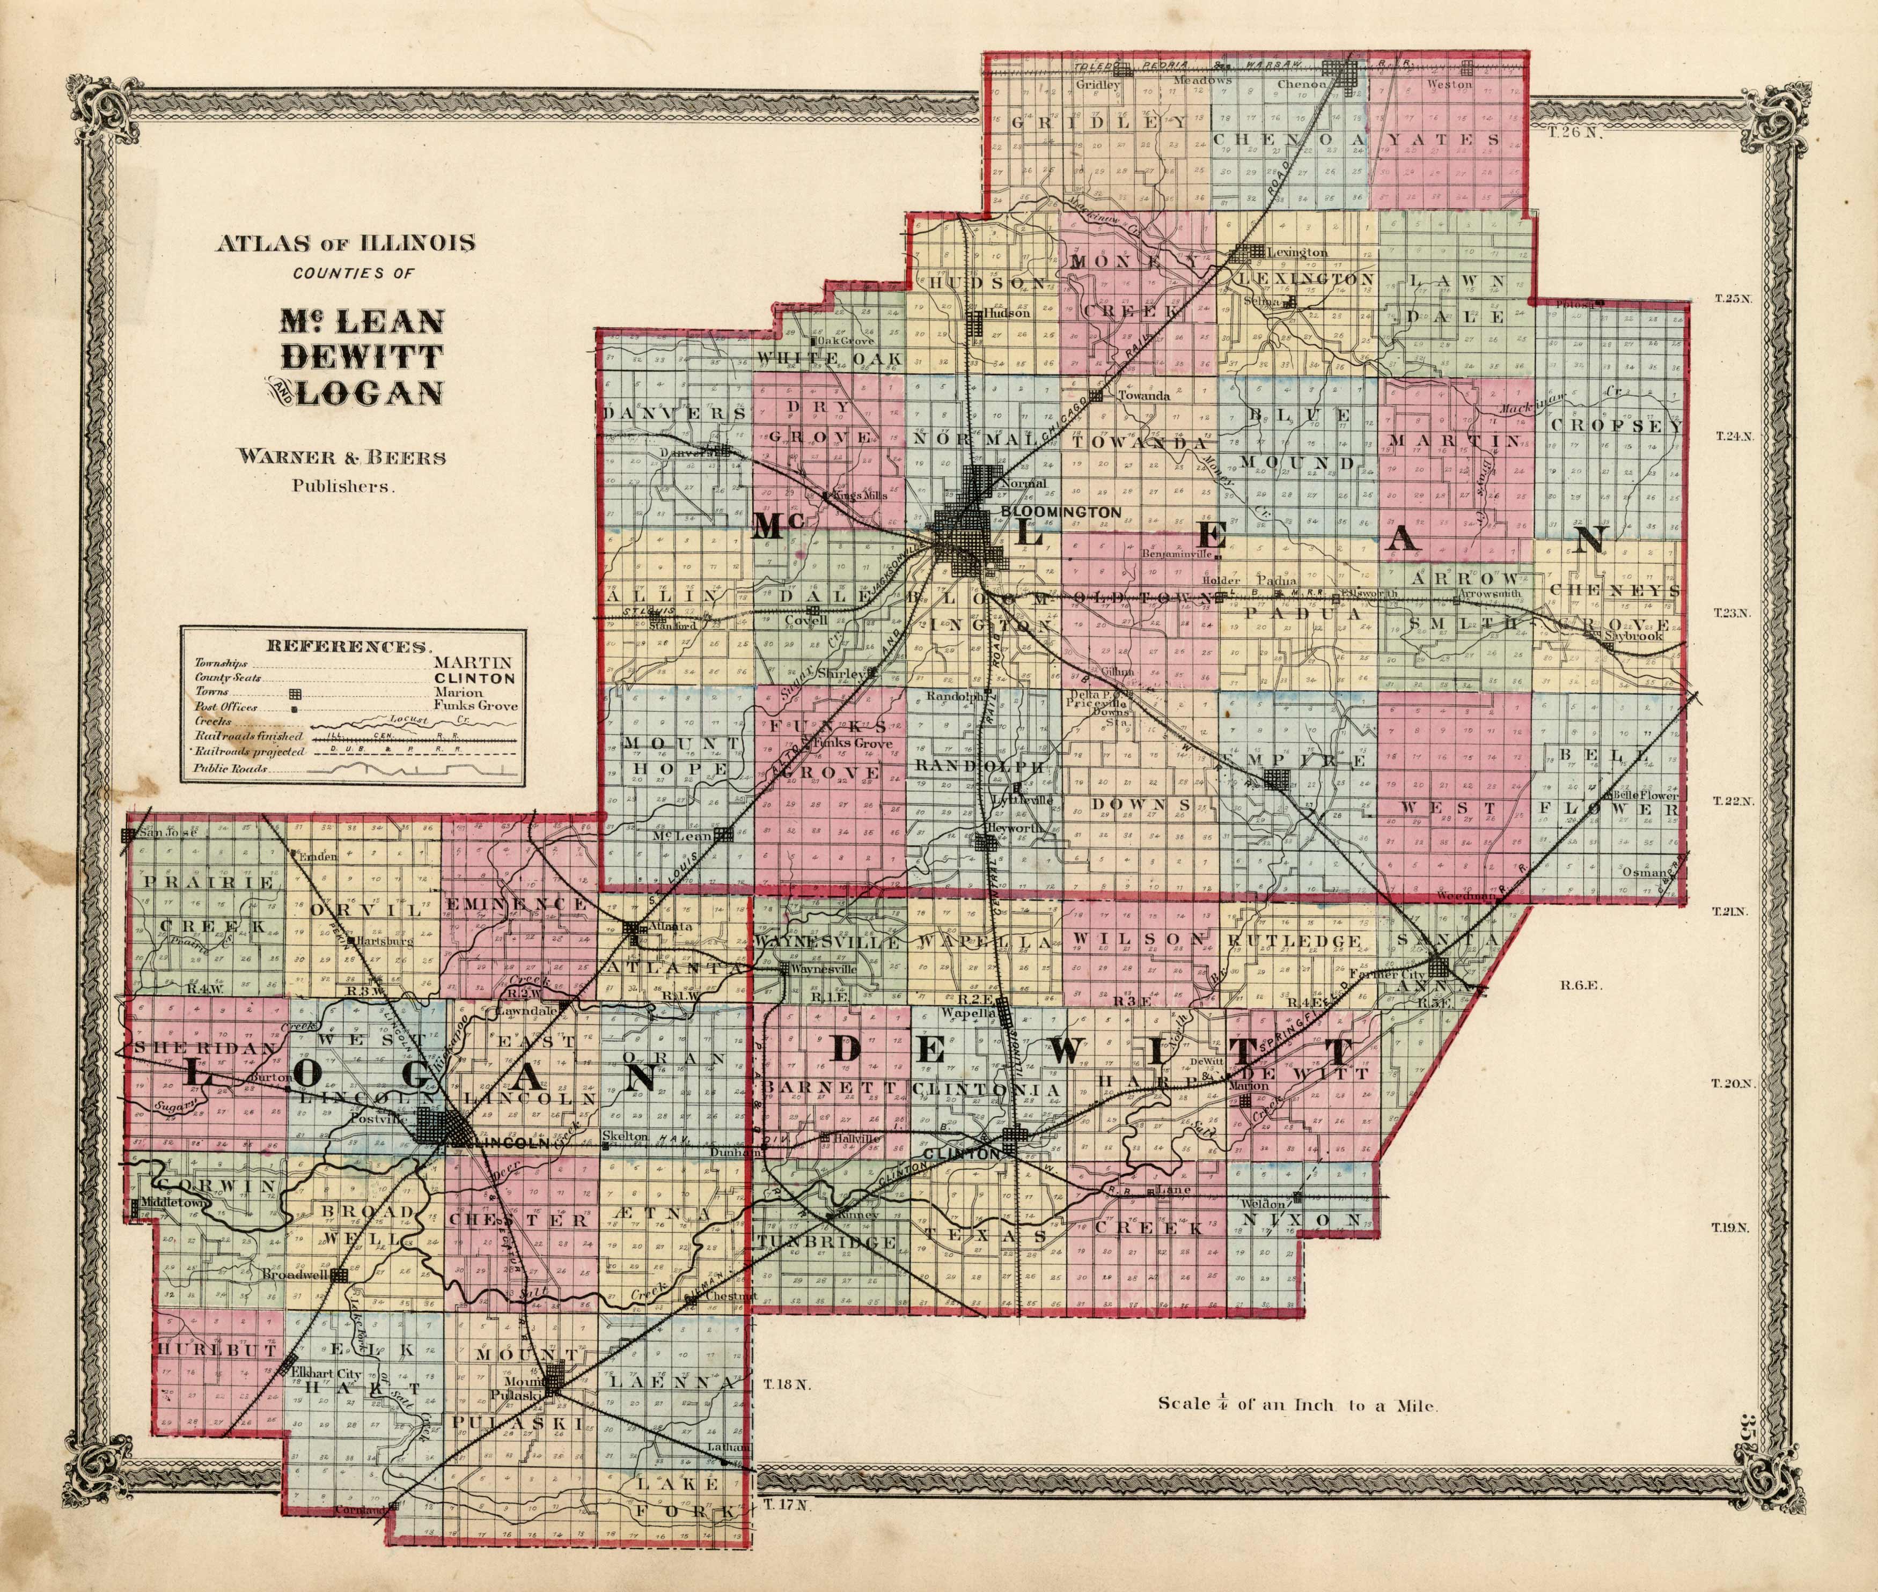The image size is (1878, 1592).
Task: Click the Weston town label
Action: coord(1449,84)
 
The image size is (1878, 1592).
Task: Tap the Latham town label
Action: coord(731,1448)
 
